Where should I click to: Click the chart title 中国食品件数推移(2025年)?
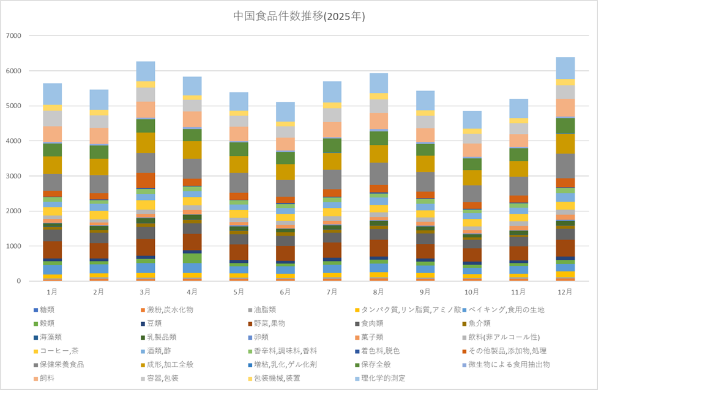tap(299, 16)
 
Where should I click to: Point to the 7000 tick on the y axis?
tap(14, 36)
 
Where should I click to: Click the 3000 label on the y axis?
tap(14, 176)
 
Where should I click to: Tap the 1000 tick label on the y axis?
tap(14, 246)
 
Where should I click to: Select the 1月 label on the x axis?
tap(53, 292)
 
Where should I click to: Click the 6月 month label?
tap(286, 292)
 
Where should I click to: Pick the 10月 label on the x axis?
tap(472, 292)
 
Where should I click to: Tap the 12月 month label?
tap(565, 292)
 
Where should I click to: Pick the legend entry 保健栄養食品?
tap(62, 364)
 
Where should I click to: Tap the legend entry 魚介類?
tap(475, 323)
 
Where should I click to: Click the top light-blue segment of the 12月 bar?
tap(565, 68)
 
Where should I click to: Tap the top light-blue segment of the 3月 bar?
tap(146, 71)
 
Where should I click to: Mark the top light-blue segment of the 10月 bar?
tap(472, 120)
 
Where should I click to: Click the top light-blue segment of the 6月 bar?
tap(286, 112)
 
